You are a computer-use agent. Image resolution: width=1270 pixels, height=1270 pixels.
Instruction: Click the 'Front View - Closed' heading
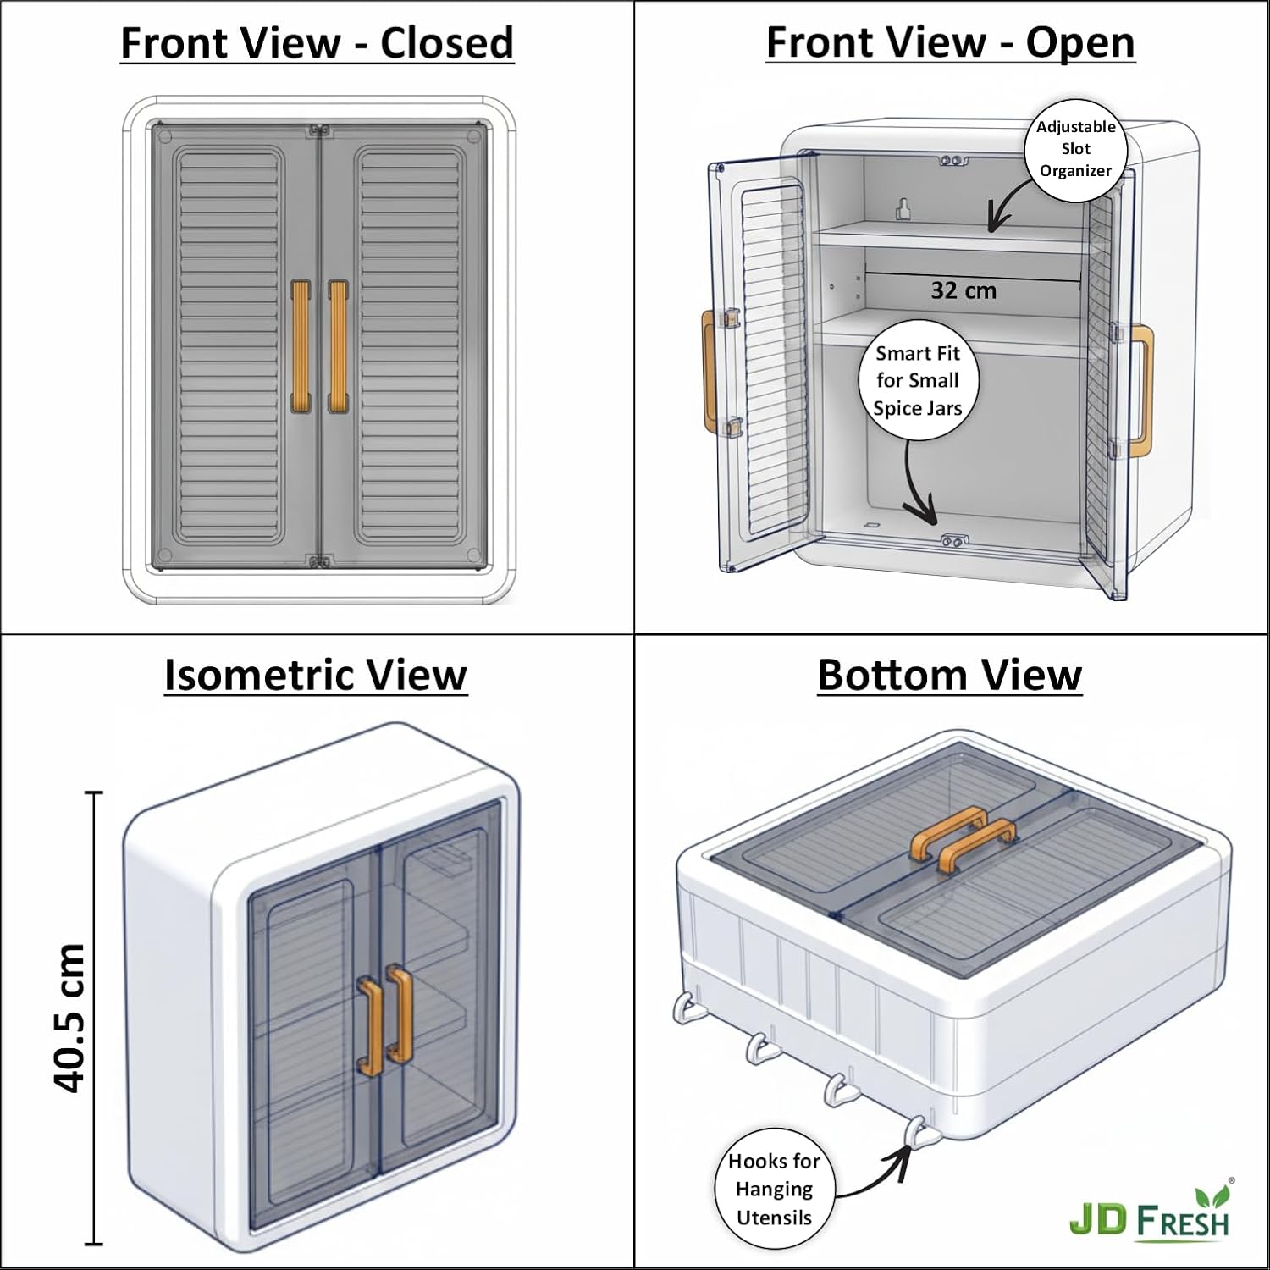(317, 43)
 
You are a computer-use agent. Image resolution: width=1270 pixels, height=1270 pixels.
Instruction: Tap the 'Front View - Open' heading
(950, 43)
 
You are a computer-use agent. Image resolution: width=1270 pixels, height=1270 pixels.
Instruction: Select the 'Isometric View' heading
(315, 675)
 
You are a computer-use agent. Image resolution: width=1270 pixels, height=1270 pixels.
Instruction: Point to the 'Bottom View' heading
(950, 675)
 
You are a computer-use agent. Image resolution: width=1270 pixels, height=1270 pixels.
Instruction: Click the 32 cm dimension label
(964, 290)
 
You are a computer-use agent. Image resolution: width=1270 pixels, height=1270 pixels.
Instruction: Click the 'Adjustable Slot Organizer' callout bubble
(1075, 149)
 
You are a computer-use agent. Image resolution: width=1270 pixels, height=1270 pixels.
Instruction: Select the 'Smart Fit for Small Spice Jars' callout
(918, 380)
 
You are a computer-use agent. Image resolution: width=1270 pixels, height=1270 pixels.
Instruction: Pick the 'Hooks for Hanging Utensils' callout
(774, 1189)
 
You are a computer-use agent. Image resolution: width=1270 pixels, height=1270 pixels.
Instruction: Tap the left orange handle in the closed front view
(301, 347)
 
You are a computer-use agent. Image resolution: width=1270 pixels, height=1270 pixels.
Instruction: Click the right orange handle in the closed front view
(338, 347)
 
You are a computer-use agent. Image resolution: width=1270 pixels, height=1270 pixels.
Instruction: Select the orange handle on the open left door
(708, 373)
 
